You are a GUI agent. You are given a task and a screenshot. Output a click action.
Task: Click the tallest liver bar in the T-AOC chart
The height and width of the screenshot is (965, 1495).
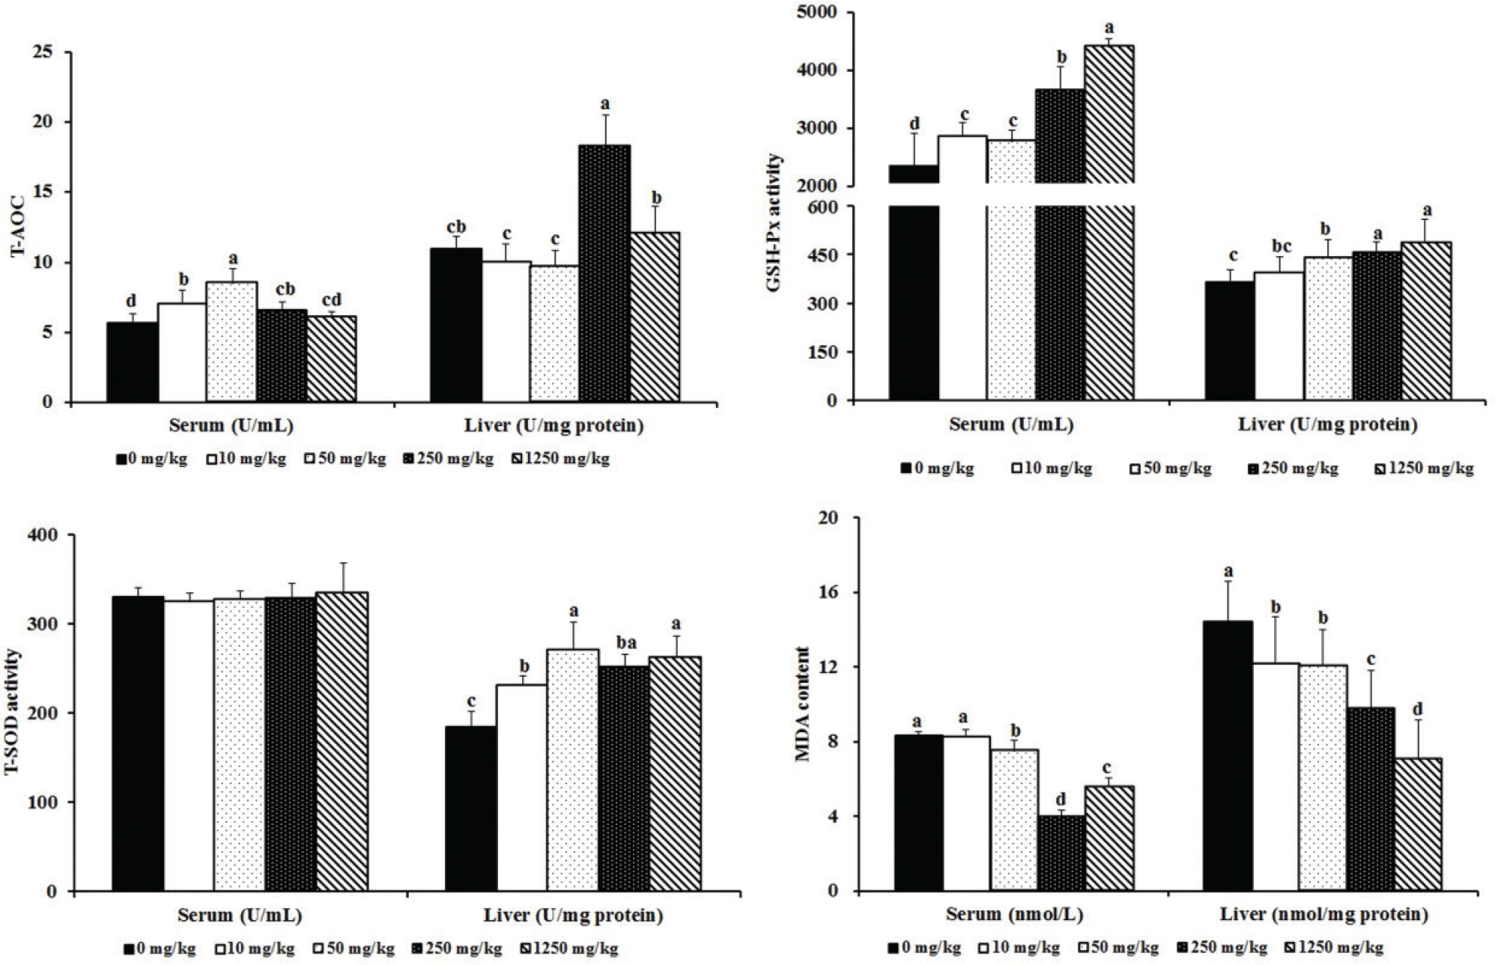pos(604,273)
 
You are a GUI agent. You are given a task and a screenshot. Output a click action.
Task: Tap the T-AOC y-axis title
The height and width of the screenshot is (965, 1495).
pos(17,227)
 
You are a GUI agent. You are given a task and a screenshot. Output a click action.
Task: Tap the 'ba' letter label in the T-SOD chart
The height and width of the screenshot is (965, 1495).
pos(624,642)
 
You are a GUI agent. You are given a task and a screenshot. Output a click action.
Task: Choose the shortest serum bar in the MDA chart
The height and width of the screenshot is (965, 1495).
pos(1061,853)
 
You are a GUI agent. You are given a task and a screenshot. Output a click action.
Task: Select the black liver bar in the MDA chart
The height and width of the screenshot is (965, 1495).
pos(1227,755)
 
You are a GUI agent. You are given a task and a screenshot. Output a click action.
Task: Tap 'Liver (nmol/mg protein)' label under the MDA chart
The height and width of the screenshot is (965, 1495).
pos(1323,914)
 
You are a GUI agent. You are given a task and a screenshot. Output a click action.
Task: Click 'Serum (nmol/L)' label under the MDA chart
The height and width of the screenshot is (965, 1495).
pos(1014,914)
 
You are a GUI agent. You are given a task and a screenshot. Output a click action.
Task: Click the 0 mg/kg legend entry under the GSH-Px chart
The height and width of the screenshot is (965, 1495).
pos(936,469)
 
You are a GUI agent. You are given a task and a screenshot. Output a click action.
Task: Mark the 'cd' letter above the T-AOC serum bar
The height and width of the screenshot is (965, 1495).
pos(331,300)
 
